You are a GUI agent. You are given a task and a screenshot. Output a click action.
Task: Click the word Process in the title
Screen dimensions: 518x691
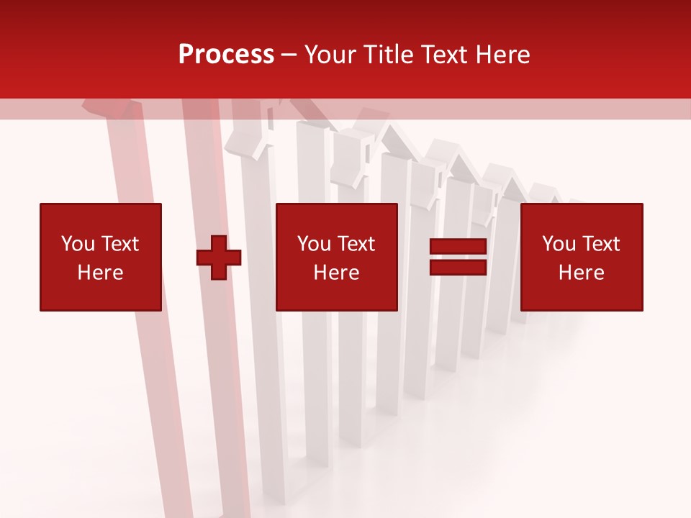(226, 55)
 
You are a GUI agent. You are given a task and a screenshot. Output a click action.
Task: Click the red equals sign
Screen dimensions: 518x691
(458, 258)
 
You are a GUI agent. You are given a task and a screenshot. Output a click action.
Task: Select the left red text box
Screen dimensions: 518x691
(101, 257)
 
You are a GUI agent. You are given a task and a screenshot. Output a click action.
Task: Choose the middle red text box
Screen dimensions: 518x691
(337, 257)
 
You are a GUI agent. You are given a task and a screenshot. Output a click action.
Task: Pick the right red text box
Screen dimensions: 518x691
(582, 257)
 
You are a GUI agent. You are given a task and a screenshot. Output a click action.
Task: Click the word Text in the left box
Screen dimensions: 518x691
(120, 244)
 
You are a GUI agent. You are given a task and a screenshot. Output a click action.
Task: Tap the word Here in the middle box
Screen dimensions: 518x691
(337, 273)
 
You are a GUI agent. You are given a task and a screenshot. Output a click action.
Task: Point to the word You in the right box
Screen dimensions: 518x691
(559, 244)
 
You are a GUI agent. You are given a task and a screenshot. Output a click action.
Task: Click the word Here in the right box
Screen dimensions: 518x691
(582, 273)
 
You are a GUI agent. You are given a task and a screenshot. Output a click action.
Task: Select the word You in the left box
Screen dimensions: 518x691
(78, 244)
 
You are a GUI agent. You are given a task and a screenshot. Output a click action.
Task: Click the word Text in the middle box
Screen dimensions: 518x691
(356, 244)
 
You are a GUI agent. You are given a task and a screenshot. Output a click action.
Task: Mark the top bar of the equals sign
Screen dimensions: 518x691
(458, 247)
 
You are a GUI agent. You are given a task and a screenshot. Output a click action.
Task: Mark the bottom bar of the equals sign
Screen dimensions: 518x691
(458, 268)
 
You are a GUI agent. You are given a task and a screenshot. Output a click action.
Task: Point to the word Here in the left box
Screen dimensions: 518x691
(101, 273)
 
